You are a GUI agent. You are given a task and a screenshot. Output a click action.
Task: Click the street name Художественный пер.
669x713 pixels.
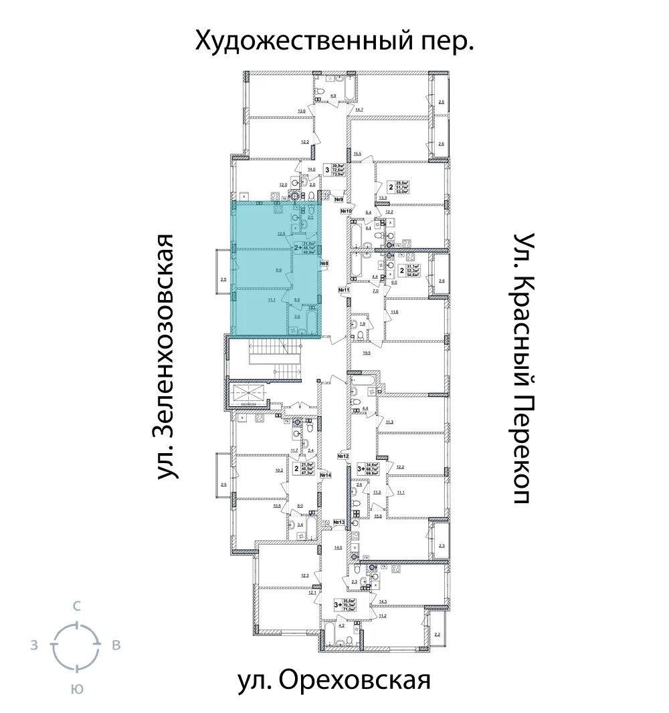click(334, 41)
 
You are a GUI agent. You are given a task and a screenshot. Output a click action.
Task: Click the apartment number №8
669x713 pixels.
click(324, 264)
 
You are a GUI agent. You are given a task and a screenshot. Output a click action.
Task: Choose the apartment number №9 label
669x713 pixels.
click(339, 199)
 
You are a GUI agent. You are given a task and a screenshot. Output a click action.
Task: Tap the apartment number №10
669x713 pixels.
click(347, 212)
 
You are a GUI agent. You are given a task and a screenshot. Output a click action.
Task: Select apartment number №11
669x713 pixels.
click(345, 290)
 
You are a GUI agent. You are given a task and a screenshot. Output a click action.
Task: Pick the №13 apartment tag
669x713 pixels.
click(339, 523)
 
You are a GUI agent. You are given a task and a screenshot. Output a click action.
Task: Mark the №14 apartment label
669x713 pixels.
click(326, 475)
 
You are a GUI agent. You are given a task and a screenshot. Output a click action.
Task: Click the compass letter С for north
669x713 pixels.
click(77, 607)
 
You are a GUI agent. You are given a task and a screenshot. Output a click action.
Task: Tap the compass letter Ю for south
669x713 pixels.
click(77, 690)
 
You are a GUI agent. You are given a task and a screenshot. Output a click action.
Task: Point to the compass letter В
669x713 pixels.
click(116, 646)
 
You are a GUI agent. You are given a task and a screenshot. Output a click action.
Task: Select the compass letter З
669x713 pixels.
click(33, 646)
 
